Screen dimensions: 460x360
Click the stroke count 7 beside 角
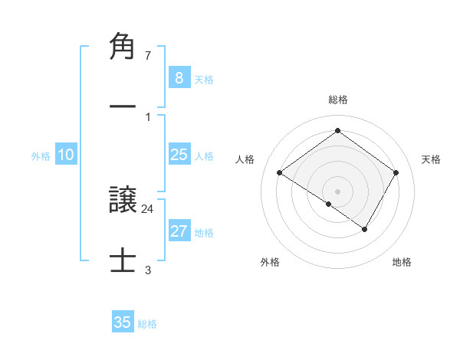point(147,55)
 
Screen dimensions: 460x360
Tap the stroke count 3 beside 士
point(147,270)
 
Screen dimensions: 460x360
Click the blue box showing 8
point(179,78)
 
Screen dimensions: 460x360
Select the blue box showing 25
point(179,155)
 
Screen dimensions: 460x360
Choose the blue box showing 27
point(179,231)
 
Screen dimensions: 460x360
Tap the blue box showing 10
point(66,155)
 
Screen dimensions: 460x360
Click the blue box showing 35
point(123,322)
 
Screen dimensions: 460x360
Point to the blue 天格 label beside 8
point(204,79)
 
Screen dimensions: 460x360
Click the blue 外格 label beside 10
point(41,155)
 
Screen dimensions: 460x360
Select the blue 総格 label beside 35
point(147,324)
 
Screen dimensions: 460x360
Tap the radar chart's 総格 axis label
point(338,100)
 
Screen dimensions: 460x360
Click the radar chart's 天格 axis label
point(431,159)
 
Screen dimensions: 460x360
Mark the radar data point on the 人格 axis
point(280,173)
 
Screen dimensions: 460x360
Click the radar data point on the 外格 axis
point(328,205)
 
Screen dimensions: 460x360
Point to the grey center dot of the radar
point(338,191)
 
